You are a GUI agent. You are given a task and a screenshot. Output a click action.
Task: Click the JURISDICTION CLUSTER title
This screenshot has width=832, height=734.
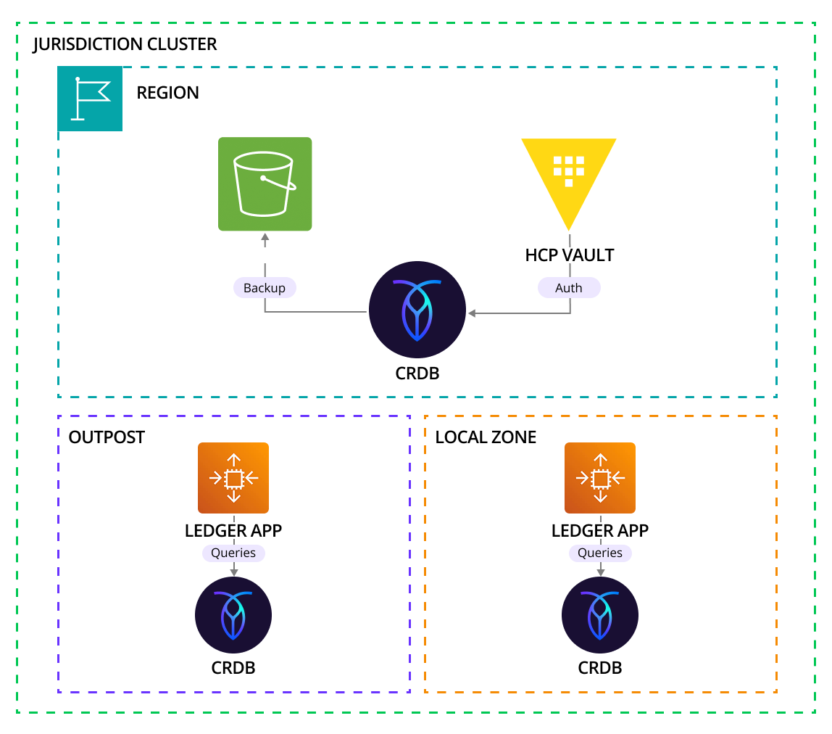tap(125, 44)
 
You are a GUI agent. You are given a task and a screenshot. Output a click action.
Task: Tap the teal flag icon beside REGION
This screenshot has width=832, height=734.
tap(90, 99)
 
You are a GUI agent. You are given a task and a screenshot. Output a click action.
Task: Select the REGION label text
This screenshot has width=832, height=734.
tap(167, 93)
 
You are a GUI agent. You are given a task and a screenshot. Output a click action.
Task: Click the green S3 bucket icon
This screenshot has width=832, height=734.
tap(265, 184)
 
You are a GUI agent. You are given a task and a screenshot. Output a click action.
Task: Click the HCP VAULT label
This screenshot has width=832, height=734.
tap(569, 255)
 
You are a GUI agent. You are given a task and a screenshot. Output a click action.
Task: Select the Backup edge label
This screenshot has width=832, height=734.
tap(265, 288)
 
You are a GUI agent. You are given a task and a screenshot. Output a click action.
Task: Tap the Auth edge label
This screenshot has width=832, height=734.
tap(569, 288)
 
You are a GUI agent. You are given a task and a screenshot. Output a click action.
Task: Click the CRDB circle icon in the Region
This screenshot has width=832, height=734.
tap(417, 310)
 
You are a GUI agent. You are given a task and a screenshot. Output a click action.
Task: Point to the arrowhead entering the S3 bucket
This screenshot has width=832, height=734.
tap(265, 238)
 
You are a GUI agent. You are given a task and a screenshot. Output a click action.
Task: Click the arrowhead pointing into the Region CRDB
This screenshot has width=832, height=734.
tap(472, 313)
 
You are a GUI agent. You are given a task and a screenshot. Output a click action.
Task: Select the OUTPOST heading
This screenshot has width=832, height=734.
tap(107, 437)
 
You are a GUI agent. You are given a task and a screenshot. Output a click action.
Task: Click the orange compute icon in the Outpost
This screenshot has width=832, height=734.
tap(233, 478)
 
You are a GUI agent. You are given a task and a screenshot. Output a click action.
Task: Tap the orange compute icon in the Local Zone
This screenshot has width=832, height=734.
tap(600, 478)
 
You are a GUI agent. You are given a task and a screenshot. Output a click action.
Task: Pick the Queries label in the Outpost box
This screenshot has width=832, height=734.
tap(233, 553)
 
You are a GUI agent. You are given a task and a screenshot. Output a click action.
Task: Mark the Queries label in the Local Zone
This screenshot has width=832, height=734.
tap(600, 553)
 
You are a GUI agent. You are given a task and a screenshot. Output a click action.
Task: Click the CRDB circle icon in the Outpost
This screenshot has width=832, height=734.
tap(233, 615)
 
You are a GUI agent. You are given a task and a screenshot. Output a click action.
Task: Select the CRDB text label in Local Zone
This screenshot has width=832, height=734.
tap(600, 668)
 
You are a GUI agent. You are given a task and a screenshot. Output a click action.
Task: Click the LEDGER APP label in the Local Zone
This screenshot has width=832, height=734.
tap(600, 530)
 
